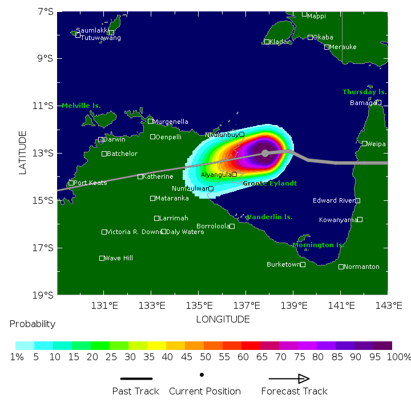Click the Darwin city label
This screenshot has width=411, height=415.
coord(114,139)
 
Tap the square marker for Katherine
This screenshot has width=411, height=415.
coord(140,176)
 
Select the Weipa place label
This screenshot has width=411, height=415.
coord(376,144)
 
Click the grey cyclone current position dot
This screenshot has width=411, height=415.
coord(265,153)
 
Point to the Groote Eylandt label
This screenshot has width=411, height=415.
coord(269,183)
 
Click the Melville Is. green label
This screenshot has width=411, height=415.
coord(81,106)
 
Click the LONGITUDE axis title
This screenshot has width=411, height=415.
coord(223,319)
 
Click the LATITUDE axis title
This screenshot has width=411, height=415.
coord(23,152)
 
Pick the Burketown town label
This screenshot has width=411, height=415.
coord(283,264)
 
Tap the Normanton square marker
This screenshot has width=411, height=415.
coord(341,267)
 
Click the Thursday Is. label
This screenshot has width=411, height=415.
coord(364,92)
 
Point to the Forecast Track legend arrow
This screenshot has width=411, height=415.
coord(289,378)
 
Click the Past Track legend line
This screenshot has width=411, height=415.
coord(136,378)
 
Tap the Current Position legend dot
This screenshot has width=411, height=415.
coord(202,375)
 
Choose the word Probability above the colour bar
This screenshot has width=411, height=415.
coord(33,324)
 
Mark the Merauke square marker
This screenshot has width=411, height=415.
coord(327,47)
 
